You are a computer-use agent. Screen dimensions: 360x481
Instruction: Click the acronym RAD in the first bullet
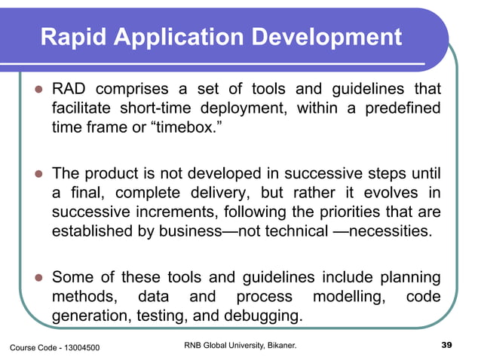coord(68,91)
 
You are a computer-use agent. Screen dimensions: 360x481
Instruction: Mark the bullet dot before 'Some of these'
coord(35,279)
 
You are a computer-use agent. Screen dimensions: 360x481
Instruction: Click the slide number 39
coord(445,345)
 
